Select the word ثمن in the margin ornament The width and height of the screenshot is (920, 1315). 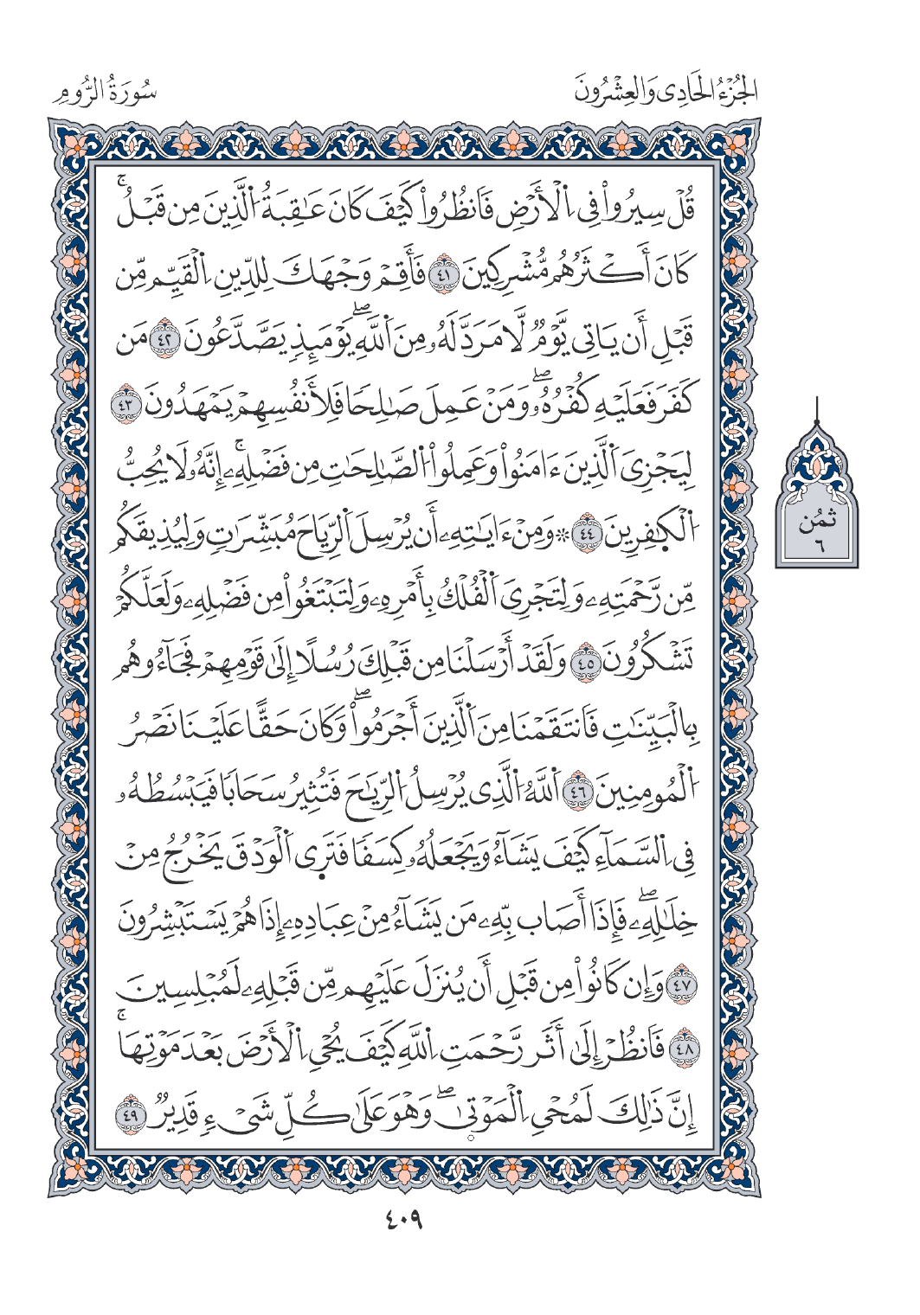816,523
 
